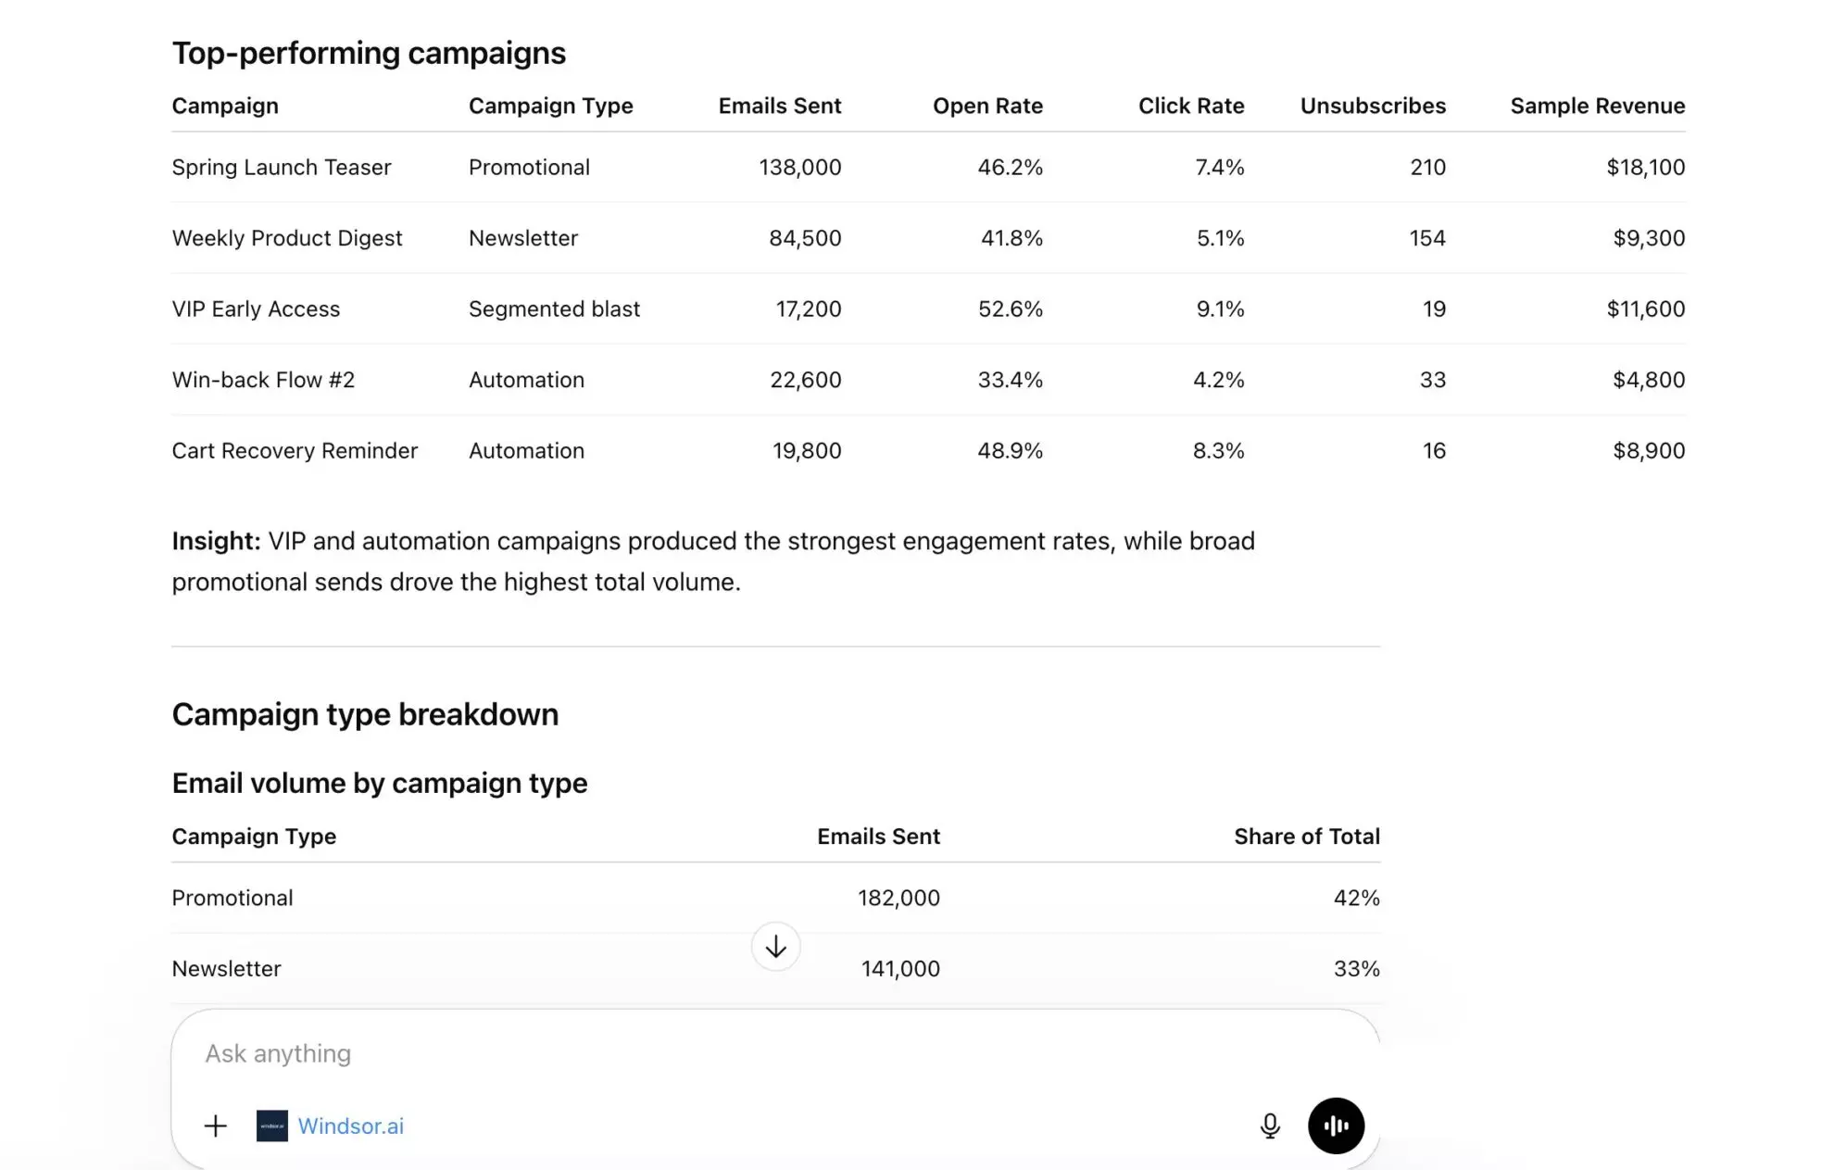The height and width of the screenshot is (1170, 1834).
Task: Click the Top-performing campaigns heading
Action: [369, 54]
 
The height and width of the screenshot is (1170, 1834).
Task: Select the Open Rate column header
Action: [987, 107]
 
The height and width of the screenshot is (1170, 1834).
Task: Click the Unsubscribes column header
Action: [1372, 107]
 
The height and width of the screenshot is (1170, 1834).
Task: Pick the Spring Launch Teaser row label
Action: [282, 168]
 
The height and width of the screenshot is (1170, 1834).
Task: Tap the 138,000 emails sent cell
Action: [799, 168]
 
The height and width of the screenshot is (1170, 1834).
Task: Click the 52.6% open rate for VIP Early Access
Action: [1010, 309]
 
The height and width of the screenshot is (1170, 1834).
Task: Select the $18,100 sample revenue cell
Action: [1645, 168]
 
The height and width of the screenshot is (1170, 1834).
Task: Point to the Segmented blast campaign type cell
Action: [554, 309]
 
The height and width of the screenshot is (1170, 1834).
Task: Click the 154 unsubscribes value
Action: [1426, 239]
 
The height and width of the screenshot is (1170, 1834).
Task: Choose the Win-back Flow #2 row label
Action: [263, 381]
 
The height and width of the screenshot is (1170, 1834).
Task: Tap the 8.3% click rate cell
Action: [1218, 451]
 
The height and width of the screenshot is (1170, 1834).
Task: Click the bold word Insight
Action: [216, 542]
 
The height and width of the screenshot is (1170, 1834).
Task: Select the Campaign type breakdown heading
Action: [365, 715]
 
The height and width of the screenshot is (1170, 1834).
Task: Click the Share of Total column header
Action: [1306, 837]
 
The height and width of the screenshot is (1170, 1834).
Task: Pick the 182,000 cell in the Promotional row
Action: [898, 899]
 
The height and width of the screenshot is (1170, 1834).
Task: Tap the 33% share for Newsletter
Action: [1356, 969]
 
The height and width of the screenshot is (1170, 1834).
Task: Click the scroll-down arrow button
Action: [775, 947]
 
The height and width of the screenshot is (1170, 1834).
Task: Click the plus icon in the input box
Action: [215, 1126]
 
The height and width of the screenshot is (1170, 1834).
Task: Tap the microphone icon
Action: [1270, 1126]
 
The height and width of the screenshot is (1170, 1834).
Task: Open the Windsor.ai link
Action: [350, 1126]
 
